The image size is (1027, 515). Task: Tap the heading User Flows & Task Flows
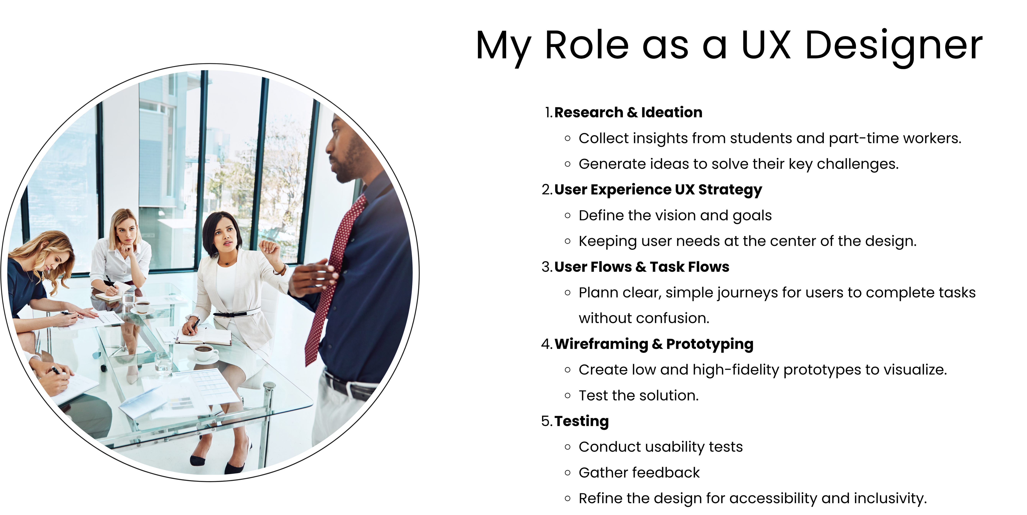pos(642,267)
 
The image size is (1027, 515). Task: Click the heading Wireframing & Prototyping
pos(654,344)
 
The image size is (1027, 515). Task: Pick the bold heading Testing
pos(582,421)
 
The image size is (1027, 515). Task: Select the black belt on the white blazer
pos(237,313)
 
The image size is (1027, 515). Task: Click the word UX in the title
pos(765,45)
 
